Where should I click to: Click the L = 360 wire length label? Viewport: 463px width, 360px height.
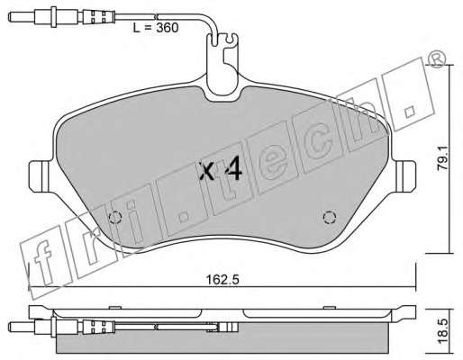click(156, 28)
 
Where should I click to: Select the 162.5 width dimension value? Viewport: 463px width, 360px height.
click(222, 280)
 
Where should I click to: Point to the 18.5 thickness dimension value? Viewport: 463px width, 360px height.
click(444, 332)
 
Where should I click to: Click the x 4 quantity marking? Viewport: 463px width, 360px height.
click(222, 171)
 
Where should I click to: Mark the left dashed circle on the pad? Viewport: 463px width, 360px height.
click(114, 218)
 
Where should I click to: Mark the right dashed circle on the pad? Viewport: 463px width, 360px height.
click(329, 217)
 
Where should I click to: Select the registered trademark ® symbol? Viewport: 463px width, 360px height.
click(435, 59)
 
